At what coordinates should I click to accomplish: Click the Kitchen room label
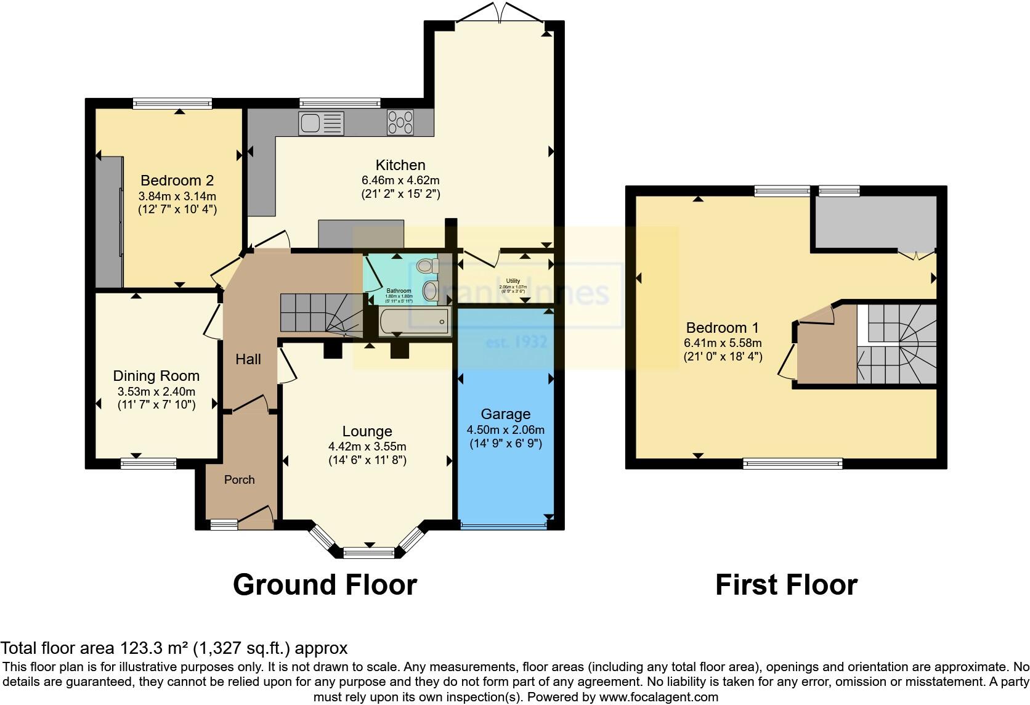tap(400, 165)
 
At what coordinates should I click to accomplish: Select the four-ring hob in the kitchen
tap(400, 122)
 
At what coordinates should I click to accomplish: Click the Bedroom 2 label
tap(177, 181)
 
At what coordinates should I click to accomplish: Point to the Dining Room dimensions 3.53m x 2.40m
tap(156, 391)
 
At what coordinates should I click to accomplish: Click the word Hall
tap(248, 359)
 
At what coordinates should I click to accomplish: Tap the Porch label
tap(239, 479)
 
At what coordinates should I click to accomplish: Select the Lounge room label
tap(367, 431)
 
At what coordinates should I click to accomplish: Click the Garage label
tap(505, 414)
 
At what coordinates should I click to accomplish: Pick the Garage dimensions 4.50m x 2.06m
tap(505, 430)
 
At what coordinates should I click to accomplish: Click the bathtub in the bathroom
tap(415, 322)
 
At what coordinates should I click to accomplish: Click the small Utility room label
tap(513, 281)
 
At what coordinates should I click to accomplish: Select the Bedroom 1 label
tap(723, 328)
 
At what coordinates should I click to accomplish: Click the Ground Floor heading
tap(325, 584)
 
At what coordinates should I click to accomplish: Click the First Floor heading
tap(785, 584)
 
